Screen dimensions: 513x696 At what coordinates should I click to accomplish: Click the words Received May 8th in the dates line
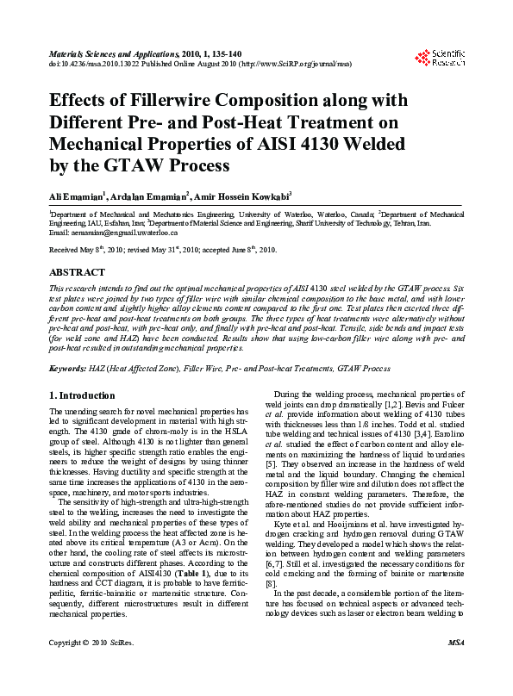tap(78, 249)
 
